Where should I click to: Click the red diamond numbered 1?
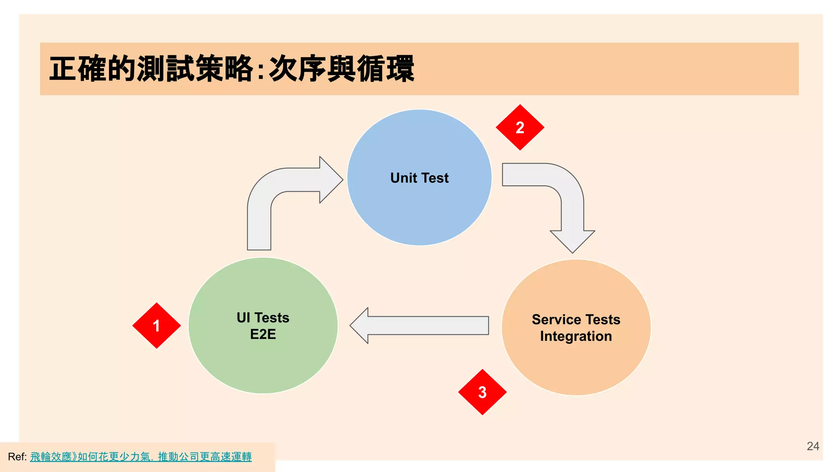pos(156,326)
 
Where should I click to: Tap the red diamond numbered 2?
pos(520,127)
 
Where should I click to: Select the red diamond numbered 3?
pos(482,392)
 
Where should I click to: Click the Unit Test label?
pos(419,178)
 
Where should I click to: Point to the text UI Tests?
pos(263,318)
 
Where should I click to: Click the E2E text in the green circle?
pos(263,334)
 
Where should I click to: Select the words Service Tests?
pos(576,319)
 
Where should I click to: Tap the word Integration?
pos(576,336)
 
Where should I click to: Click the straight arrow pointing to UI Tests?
pos(422,325)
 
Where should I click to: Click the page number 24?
pos(813,446)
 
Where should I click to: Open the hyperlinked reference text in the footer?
pos(141,457)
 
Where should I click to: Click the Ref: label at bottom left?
pos(17,457)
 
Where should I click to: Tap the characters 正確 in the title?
pos(78,69)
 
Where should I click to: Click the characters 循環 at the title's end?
pos(385,69)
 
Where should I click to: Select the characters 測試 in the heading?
pos(166,69)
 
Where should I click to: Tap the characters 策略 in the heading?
pos(224,69)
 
